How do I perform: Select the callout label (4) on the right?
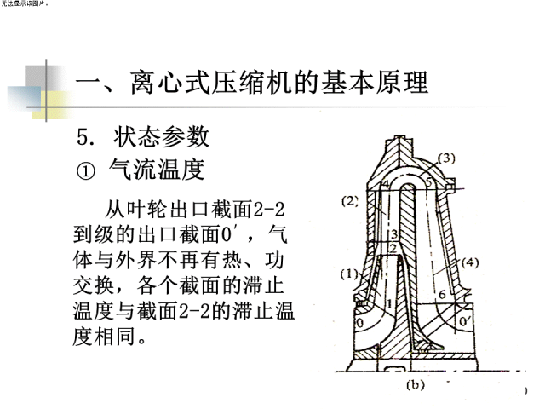coord(470,263)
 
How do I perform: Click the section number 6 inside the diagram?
coord(442,294)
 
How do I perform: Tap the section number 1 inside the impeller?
coord(388,303)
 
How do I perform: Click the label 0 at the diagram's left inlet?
coord(358,323)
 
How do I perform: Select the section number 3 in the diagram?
coord(394,233)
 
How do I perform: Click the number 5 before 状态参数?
coord(83,135)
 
